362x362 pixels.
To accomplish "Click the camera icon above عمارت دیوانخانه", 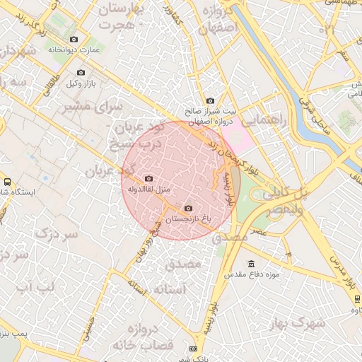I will tap(74, 39).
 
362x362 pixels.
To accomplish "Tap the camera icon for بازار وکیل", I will tap(80, 73).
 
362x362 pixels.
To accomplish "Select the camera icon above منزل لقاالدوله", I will tap(148, 179).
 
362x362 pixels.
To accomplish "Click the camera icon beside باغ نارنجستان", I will tap(187, 208).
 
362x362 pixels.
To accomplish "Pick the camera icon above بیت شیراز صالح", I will tap(209, 102).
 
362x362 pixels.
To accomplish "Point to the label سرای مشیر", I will tap(93, 106).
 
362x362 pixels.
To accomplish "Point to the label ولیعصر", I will tap(286, 209).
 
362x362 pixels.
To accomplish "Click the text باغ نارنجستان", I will tap(188, 220).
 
